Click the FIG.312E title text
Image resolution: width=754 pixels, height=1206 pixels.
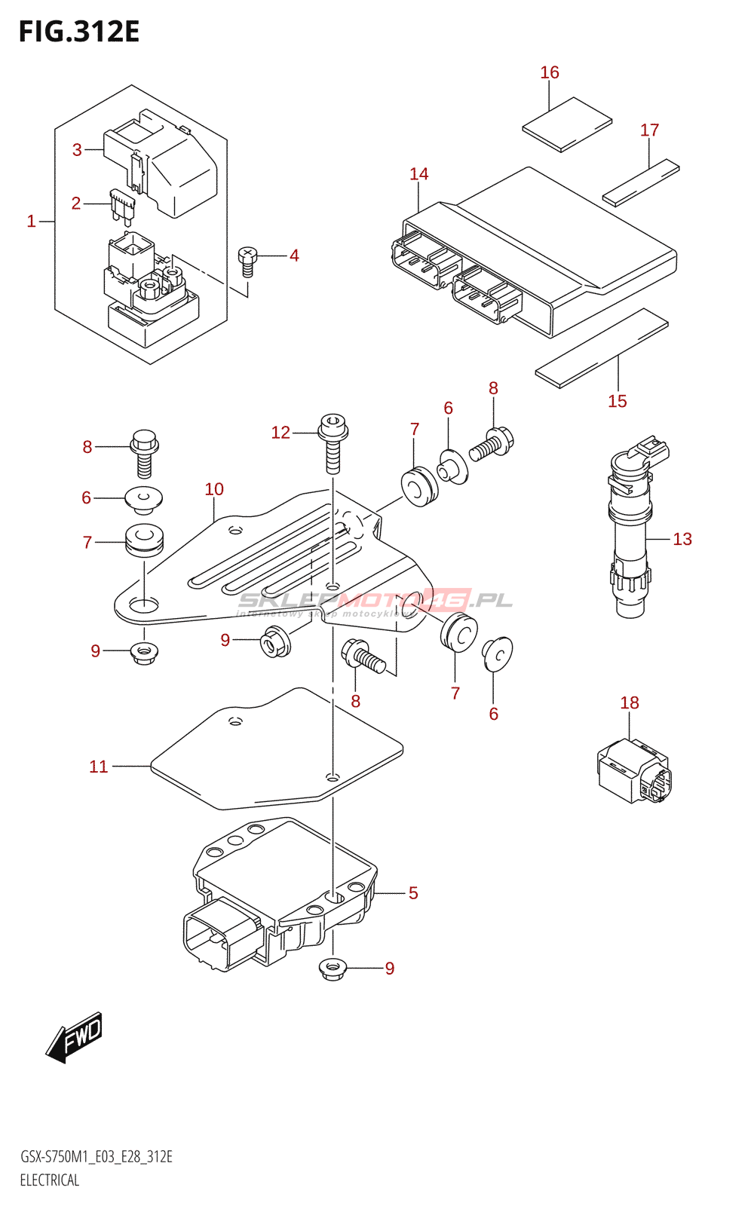coord(79,32)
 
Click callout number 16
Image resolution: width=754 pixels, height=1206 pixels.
coord(550,72)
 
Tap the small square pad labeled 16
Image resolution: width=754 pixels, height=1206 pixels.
coord(567,124)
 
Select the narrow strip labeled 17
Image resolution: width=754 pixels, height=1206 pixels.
coord(641,182)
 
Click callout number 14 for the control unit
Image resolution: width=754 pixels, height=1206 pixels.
coord(419,174)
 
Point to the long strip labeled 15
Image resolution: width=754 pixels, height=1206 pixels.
coord(602,347)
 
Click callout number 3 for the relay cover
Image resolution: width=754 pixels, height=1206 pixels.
coord(77,149)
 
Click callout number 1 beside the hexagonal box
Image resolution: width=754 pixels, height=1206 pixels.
coord(32,221)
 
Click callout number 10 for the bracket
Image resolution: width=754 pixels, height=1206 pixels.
coord(214,489)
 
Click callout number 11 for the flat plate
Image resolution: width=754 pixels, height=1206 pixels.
coord(99,767)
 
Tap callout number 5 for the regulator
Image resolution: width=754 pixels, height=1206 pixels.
coord(413,893)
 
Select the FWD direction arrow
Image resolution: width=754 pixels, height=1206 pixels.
coord(74,1038)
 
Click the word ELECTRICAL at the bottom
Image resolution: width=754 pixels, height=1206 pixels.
coord(50,1180)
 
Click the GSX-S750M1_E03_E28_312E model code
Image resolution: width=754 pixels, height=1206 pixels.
coord(97,1157)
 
